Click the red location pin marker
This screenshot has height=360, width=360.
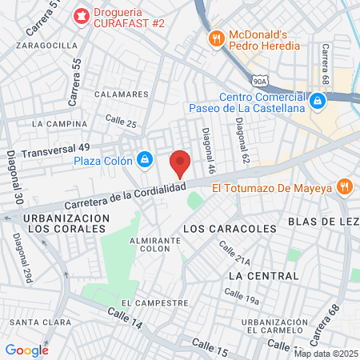click(x=181, y=162)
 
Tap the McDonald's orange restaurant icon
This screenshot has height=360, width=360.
click(x=215, y=38)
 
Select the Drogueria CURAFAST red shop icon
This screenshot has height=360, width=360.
click(x=81, y=15)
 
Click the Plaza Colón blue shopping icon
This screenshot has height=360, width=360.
click(x=144, y=160)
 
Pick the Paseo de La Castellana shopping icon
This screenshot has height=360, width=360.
click(x=318, y=102)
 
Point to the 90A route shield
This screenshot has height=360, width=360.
click(x=258, y=82)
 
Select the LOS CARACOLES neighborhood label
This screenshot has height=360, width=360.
click(x=230, y=229)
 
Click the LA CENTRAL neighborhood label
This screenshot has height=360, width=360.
click(x=263, y=275)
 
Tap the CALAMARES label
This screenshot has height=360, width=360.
click(x=122, y=94)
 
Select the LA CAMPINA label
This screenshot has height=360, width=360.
click(x=59, y=124)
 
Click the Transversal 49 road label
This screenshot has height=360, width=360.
click(x=55, y=150)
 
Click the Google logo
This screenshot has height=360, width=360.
click(x=26, y=350)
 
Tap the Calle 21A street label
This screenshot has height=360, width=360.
click(x=238, y=258)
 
